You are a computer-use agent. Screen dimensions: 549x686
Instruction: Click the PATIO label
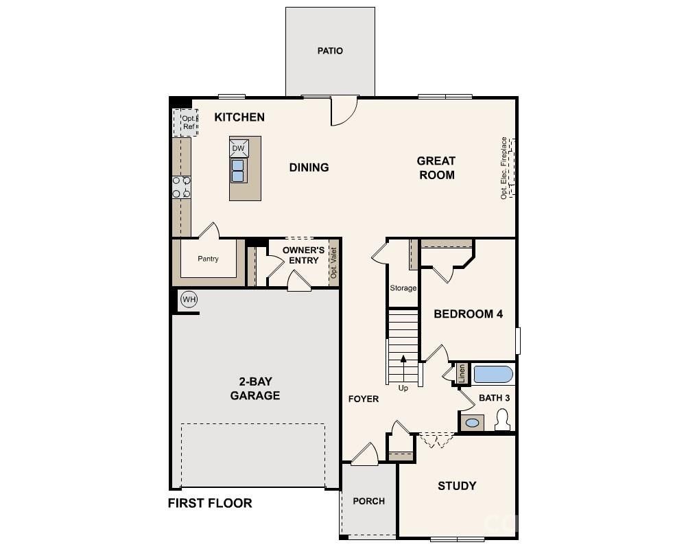[330, 51]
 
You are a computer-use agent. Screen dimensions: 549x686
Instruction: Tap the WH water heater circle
[189, 299]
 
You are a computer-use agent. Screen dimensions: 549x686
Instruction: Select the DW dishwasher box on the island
[238, 148]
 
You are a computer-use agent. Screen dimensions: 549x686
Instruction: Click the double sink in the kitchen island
[238, 170]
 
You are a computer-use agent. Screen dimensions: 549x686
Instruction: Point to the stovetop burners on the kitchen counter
[181, 187]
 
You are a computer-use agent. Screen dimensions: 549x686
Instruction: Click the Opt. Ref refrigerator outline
[185, 122]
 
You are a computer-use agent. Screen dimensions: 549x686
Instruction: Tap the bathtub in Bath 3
[493, 374]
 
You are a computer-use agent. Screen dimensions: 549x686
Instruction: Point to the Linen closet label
[462, 373]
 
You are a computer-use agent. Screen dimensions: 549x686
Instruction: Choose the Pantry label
[208, 259]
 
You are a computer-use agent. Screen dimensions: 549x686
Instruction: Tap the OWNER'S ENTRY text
[303, 255]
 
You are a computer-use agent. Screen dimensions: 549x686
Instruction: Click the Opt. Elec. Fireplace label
[504, 167]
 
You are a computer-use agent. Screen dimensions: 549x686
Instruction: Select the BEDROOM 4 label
[469, 314]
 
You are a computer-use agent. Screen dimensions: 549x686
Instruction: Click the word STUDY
[457, 486]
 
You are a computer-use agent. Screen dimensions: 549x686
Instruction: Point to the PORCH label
[369, 501]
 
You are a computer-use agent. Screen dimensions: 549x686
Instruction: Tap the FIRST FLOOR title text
[210, 503]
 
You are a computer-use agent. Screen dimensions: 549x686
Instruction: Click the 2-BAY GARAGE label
[255, 388]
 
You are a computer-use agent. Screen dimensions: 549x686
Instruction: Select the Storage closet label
[403, 288]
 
